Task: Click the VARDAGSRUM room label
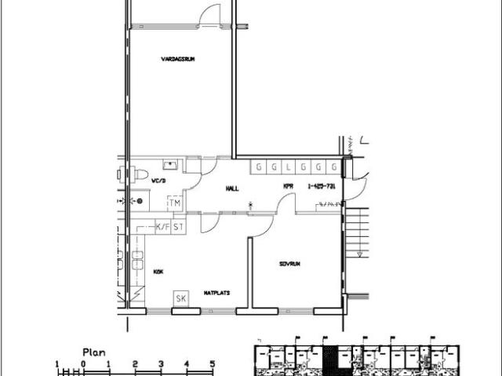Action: pos(177,59)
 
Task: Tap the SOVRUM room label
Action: pos(289,264)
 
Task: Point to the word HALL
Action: pos(231,188)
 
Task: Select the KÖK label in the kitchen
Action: pos(158,271)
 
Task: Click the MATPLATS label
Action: pos(216,292)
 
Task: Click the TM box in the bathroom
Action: pos(175,203)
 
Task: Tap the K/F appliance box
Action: pos(162,227)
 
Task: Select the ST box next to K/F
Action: pos(178,227)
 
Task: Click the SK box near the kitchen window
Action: pos(181,298)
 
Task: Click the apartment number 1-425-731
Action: pos(322,186)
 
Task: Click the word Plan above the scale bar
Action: pos(94,353)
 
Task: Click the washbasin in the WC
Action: pos(170,166)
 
